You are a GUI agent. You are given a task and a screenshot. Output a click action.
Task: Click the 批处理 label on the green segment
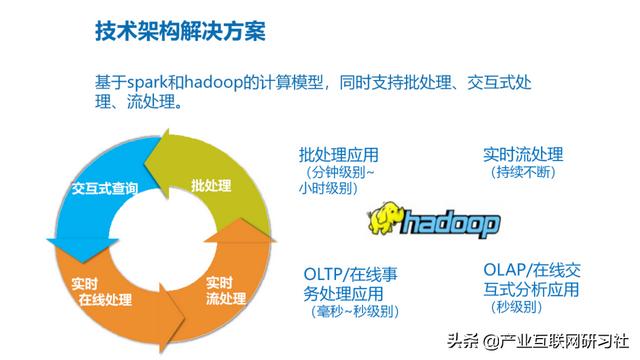(211, 186)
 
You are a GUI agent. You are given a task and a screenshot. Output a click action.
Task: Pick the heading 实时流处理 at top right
(522, 155)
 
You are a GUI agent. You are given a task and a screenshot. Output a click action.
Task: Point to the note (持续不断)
(522, 172)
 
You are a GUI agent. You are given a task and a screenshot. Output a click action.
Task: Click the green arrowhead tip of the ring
(150, 160)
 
